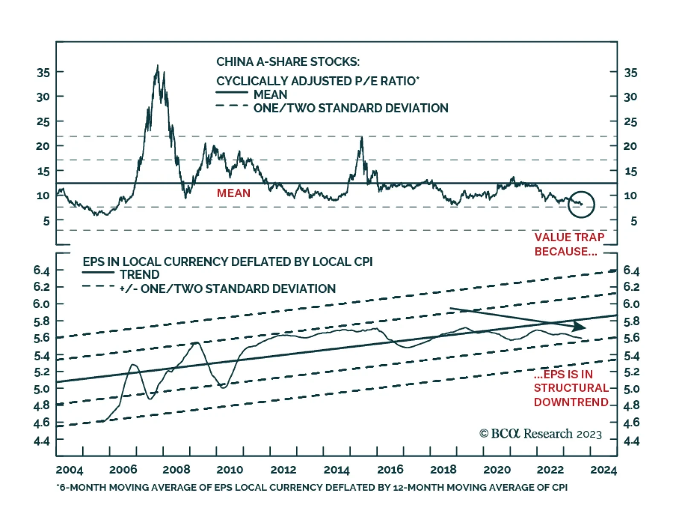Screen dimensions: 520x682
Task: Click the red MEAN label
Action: pyautogui.click(x=233, y=193)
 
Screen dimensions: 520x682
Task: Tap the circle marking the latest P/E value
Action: pyautogui.click(x=581, y=204)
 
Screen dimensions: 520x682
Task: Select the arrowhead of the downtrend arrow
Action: pyautogui.click(x=580, y=327)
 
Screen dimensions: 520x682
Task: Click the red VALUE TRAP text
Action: pyautogui.click(x=569, y=237)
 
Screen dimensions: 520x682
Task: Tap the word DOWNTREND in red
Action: pyautogui.click(x=571, y=402)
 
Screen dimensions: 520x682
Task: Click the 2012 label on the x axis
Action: pyautogui.click(x=283, y=470)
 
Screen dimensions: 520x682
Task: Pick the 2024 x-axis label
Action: pyautogui.click(x=603, y=470)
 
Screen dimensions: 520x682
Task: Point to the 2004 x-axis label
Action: pyautogui.click(x=69, y=470)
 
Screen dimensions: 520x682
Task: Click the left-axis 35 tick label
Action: pyautogui.click(x=43, y=72)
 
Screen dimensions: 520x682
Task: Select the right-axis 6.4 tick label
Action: pyautogui.click(x=631, y=270)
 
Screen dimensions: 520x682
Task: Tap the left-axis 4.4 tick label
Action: pyautogui.click(x=42, y=440)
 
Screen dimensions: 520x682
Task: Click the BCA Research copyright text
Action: pyautogui.click(x=540, y=434)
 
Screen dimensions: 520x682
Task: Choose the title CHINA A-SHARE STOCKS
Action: pyautogui.click(x=288, y=62)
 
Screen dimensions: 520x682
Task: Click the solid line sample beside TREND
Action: pyautogui.click(x=98, y=272)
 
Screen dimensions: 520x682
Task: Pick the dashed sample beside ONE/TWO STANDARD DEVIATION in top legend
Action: pyautogui.click(x=232, y=105)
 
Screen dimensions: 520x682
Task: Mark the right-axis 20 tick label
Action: pyautogui.click(x=630, y=146)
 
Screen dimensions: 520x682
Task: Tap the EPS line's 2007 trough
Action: pyautogui.click(x=150, y=399)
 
